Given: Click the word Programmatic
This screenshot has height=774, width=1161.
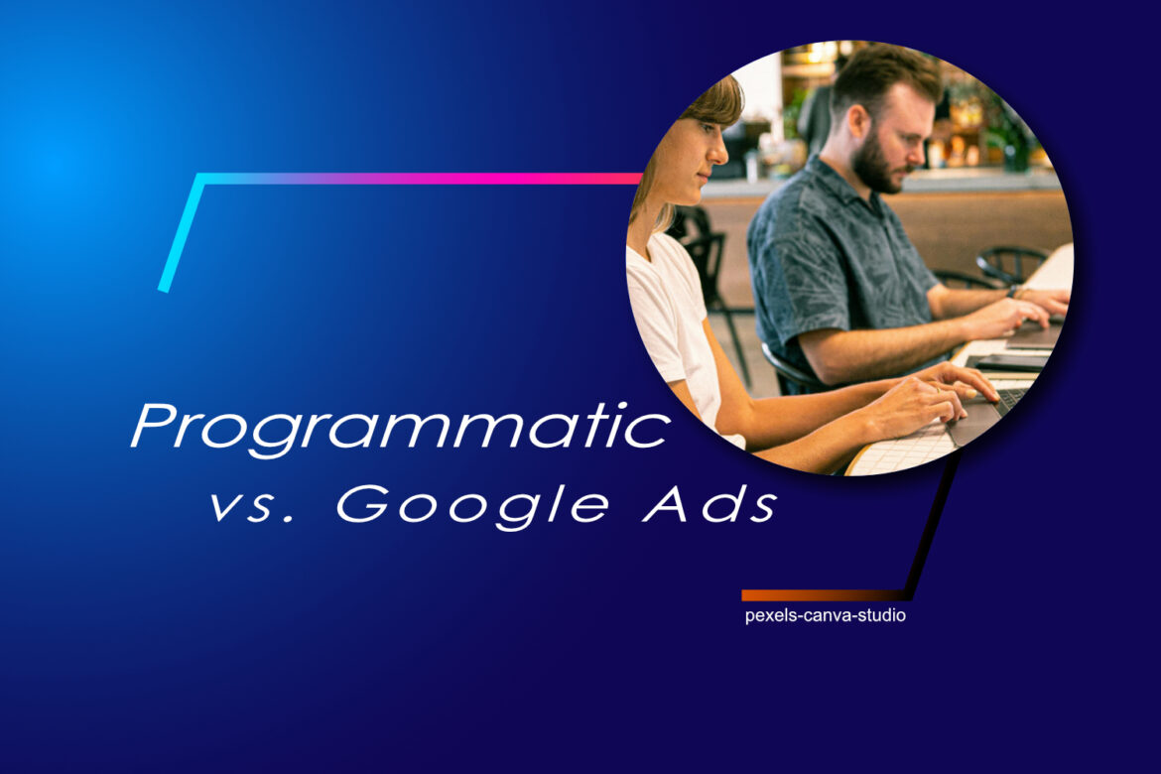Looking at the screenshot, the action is click(401, 428).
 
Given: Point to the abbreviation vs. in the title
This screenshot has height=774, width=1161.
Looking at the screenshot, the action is click(252, 507).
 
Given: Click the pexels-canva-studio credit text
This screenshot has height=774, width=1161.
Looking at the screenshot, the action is click(825, 615).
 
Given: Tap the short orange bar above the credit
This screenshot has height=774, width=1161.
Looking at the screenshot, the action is click(822, 594).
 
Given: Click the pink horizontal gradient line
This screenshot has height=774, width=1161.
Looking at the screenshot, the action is click(422, 179).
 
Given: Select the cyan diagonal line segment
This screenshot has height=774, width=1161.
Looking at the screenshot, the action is click(181, 234).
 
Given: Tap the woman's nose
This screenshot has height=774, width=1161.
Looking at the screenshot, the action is click(718, 151).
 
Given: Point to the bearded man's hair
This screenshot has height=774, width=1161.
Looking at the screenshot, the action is click(885, 74).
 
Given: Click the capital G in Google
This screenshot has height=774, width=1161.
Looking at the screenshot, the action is click(364, 504).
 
